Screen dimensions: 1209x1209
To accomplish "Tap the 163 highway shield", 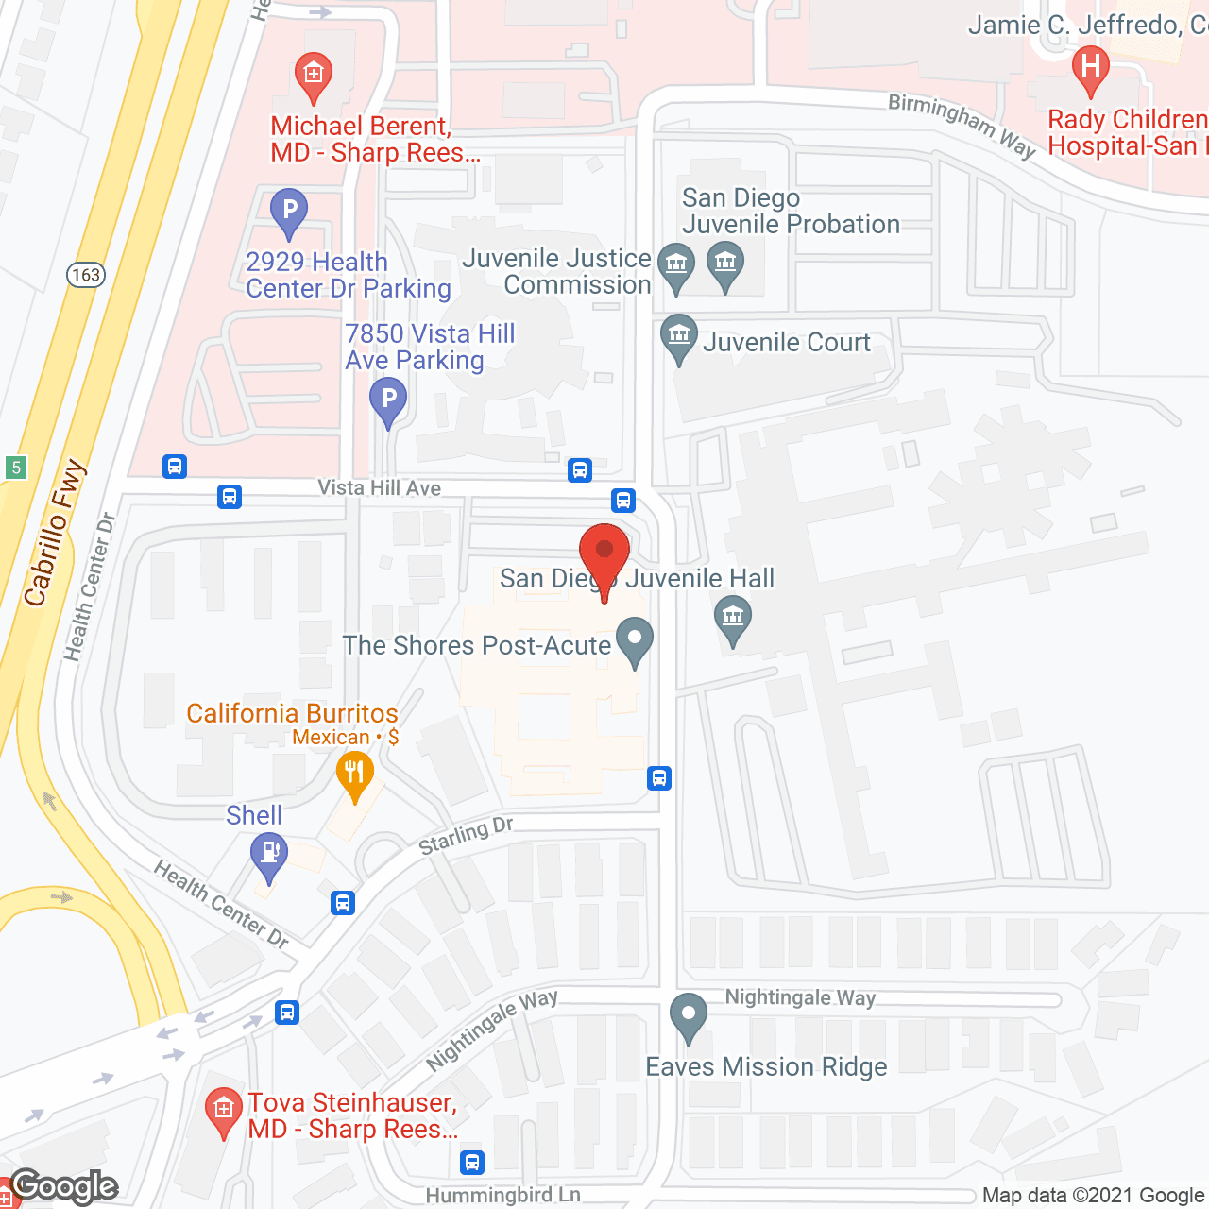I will click(x=86, y=275).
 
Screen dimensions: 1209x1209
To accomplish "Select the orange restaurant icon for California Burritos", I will click(x=354, y=774).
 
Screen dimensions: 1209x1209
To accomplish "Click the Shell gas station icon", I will click(x=269, y=854).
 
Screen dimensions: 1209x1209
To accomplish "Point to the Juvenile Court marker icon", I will click(x=678, y=336).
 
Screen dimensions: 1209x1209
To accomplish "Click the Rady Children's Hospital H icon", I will click(x=1091, y=68).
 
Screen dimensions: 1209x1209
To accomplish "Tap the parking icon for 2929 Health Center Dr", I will click(x=289, y=211).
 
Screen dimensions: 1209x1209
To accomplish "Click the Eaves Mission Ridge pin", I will click(x=689, y=1016).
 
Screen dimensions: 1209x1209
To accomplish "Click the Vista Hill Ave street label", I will click(x=379, y=488).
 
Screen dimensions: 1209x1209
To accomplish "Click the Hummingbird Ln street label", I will click(x=502, y=1195).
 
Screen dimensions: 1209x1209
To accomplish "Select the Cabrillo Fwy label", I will click(x=54, y=534).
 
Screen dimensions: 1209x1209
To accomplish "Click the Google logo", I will click(x=64, y=1186).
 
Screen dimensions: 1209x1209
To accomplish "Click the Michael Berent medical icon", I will click(x=313, y=75).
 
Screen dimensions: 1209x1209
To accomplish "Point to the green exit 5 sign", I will click(x=15, y=467).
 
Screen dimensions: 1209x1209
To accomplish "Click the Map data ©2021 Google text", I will click(x=1094, y=1196).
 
